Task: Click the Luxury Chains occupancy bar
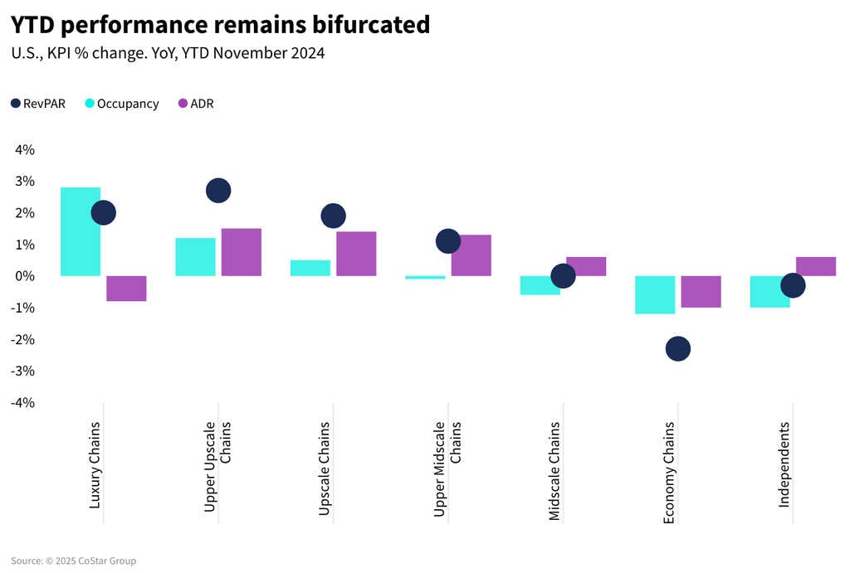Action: (81, 231)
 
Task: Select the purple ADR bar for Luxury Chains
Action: (126, 288)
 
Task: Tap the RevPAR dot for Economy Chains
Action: (677, 348)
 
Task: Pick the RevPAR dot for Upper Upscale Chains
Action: (218, 190)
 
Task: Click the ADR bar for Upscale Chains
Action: (356, 254)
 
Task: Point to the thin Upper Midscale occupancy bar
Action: (425, 277)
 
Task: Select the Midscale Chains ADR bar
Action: (586, 266)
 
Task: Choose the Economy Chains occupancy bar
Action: (655, 294)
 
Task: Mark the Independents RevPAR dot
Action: (793, 285)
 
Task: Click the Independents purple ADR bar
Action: (816, 266)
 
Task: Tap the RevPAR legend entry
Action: (38, 104)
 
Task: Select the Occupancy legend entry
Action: (122, 104)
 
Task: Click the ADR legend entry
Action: (196, 104)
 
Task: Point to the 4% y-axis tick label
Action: (25, 149)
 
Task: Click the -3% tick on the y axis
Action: (22, 371)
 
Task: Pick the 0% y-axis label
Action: (25, 276)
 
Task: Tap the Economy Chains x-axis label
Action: (669, 473)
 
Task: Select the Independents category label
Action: (784, 464)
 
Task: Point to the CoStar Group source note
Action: (74, 561)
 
